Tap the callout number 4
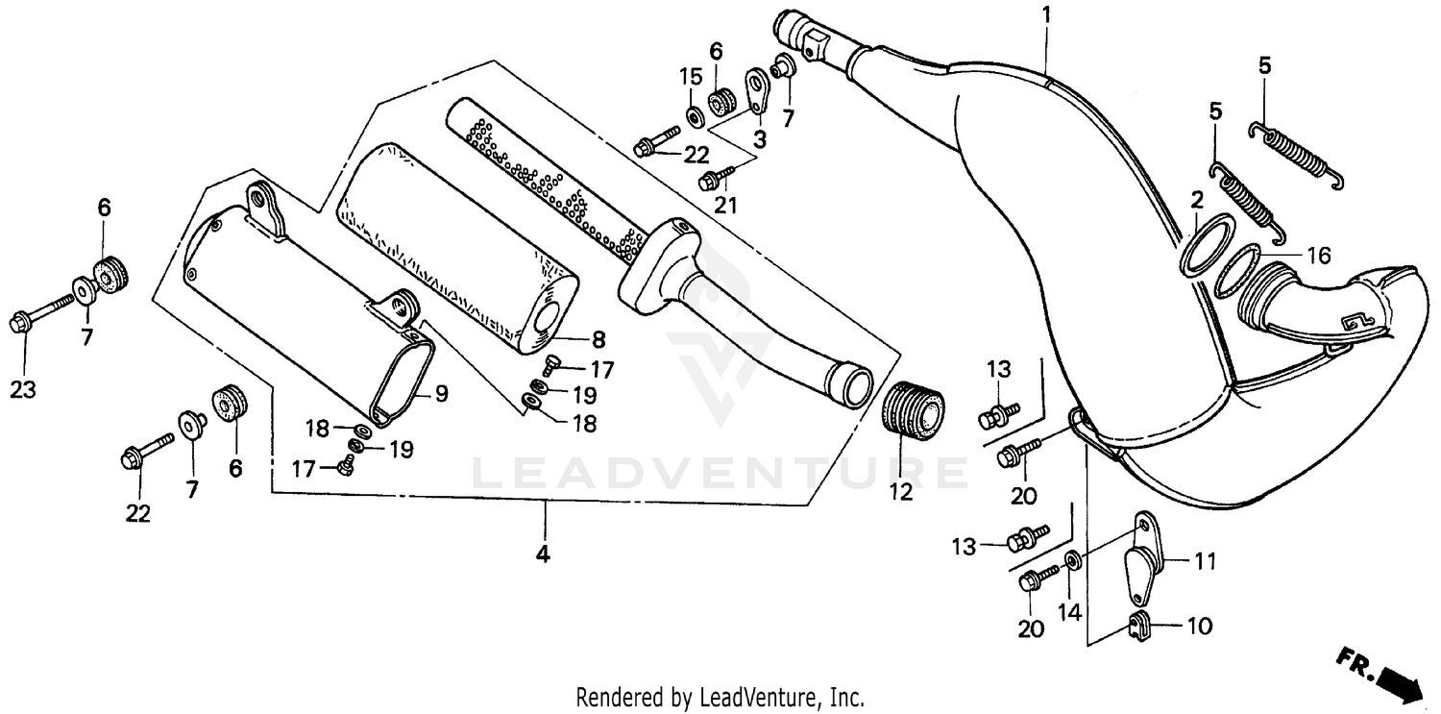[543, 554]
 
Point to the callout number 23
[21, 389]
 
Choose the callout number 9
[441, 392]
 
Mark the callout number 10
[1200, 627]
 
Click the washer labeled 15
[693, 117]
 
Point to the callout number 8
[598, 338]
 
